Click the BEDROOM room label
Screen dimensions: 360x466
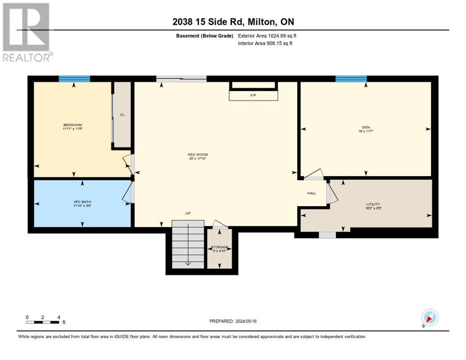(72, 125)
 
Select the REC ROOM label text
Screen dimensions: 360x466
(197, 155)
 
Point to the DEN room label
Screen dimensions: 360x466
(366, 125)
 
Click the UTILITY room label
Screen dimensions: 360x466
(373, 204)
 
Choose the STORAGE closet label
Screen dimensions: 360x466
(219, 247)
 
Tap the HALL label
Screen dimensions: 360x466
(311, 193)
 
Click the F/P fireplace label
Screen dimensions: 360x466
(253, 95)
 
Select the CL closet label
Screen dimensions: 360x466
(122, 114)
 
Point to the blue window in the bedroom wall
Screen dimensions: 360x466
(74, 79)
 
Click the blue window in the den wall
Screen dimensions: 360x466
(351, 79)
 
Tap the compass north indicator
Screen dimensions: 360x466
(429, 318)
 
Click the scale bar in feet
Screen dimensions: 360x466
(43, 321)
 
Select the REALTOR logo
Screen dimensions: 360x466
(27, 32)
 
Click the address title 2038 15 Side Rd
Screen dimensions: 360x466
(233, 22)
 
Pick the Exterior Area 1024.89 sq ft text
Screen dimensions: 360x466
(267, 36)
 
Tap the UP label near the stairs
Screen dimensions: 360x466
(188, 213)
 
